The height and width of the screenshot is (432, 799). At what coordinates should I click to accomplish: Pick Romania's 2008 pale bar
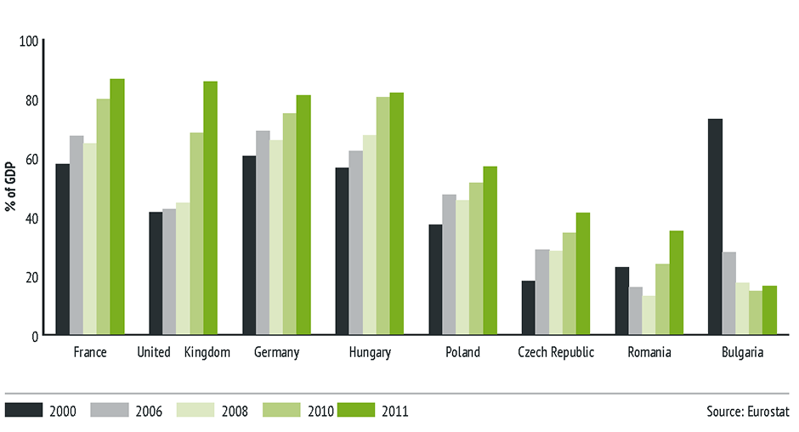click(x=649, y=315)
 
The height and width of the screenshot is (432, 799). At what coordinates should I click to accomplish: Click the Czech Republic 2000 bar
click(x=529, y=308)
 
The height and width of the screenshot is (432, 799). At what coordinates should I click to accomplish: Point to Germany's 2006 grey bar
click(x=263, y=233)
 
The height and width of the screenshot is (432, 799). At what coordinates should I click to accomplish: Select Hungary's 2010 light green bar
click(x=383, y=216)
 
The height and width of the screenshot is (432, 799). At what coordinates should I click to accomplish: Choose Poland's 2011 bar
click(x=490, y=251)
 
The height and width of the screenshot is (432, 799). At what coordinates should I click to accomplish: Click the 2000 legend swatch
click(x=23, y=410)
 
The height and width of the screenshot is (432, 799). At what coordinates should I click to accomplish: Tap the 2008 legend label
click(x=234, y=412)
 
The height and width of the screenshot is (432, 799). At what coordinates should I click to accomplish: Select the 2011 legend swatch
click(x=355, y=410)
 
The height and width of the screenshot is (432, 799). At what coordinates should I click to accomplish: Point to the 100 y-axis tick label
click(x=30, y=41)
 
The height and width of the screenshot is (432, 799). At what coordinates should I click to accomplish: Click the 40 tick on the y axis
click(x=32, y=218)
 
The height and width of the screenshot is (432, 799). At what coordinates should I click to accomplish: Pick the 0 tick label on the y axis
click(x=35, y=336)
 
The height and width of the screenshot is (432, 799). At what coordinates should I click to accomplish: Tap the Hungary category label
click(x=370, y=353)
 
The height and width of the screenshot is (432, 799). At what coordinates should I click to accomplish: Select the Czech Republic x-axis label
click(x=556, y=353)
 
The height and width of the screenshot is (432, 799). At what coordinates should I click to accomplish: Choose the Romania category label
click(x=649, y=353)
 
